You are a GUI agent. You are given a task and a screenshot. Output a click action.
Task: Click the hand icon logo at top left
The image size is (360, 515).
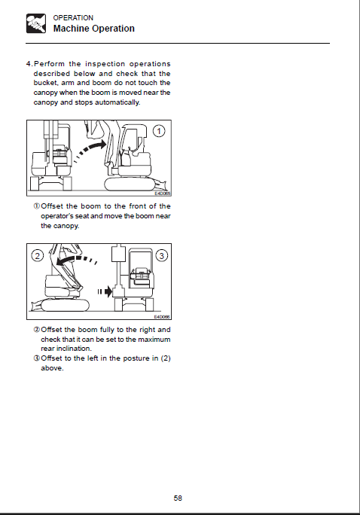click(36, 23)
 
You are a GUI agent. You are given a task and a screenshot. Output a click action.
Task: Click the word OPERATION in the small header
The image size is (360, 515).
click(73, 18)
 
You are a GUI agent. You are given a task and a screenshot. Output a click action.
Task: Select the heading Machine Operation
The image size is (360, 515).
click(94, 29)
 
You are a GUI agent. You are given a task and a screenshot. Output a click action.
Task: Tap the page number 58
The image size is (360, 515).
click(178, 498)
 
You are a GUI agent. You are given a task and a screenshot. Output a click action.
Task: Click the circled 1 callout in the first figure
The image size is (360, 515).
click(159, 131)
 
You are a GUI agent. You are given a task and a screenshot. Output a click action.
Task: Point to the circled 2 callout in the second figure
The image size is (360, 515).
click(38, 255)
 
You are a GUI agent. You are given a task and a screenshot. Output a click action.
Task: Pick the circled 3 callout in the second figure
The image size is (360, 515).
click(162, 255)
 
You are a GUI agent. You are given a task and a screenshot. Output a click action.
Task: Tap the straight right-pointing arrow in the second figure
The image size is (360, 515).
click(105, 291)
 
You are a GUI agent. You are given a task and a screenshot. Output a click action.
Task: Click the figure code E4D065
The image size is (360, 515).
click(162, 194)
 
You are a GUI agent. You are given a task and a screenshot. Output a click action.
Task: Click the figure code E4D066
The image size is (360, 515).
click(162, 317)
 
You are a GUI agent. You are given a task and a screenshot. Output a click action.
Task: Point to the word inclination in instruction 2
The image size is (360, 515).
click(75, 349)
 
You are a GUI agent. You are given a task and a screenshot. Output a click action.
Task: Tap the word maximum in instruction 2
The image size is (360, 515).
click(154, 340)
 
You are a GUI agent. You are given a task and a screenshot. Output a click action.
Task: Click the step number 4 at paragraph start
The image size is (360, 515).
click(29, 64)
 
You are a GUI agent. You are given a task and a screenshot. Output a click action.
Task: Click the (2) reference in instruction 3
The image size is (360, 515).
click(166, 358)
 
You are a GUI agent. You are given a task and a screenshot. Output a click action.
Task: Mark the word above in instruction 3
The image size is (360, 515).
click(52, 368)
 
